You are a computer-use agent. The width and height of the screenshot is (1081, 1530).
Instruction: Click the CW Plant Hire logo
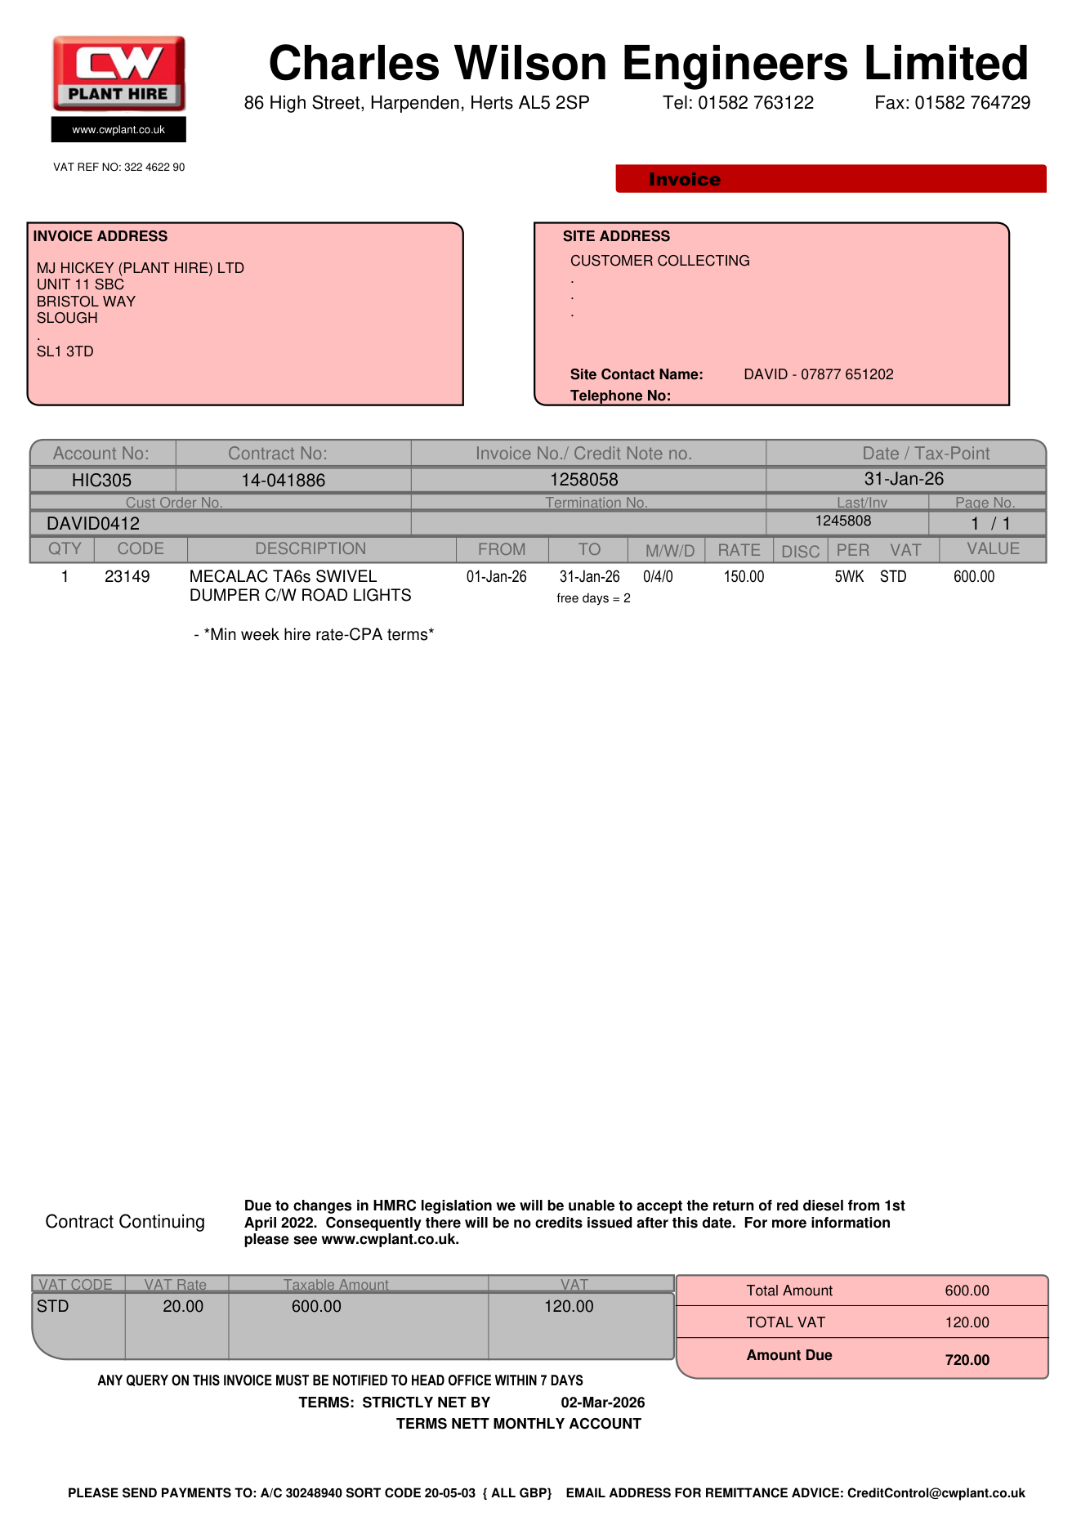119,74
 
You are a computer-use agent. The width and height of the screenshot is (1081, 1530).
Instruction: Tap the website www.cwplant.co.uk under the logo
118,130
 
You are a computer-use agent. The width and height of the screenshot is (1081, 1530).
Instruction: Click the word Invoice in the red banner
685,180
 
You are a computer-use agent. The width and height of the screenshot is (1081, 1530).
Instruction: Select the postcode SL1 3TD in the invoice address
65,351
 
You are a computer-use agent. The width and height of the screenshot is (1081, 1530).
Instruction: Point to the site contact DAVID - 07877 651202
818,374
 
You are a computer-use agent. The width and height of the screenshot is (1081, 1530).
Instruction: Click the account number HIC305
101,481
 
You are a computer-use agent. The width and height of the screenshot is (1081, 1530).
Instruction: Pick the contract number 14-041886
283,481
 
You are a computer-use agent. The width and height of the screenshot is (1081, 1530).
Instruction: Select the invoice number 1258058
583,480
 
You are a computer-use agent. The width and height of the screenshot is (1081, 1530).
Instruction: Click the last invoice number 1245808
843,521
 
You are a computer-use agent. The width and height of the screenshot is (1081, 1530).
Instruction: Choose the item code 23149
127,577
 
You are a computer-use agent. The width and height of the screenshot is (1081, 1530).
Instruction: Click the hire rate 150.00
744,577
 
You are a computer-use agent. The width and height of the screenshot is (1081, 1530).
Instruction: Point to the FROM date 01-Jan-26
497,577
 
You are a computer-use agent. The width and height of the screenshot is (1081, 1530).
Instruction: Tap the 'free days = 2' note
593,598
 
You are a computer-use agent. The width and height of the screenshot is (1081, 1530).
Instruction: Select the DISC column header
800,552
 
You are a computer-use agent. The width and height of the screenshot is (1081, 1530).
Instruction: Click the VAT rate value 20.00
183,1306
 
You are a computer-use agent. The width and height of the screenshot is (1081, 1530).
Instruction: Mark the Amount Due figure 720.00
967,1360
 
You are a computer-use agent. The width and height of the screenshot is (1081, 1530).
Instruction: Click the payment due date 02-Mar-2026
602,1402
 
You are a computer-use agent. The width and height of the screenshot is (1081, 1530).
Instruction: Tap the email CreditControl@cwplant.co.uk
936,1493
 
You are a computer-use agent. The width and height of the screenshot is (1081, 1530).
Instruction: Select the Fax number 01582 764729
972,103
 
